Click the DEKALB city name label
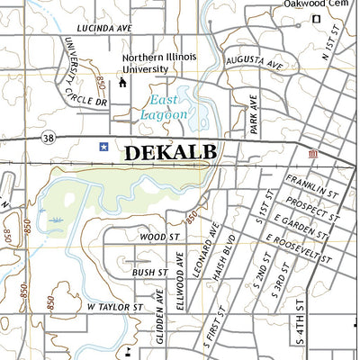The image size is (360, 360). click(170, 152)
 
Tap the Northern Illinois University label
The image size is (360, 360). click(158, 62)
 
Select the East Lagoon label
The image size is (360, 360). click(165, 107)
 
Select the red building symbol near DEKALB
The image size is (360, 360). click(312, 155)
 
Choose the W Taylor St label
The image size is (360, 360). click(114, 307)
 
